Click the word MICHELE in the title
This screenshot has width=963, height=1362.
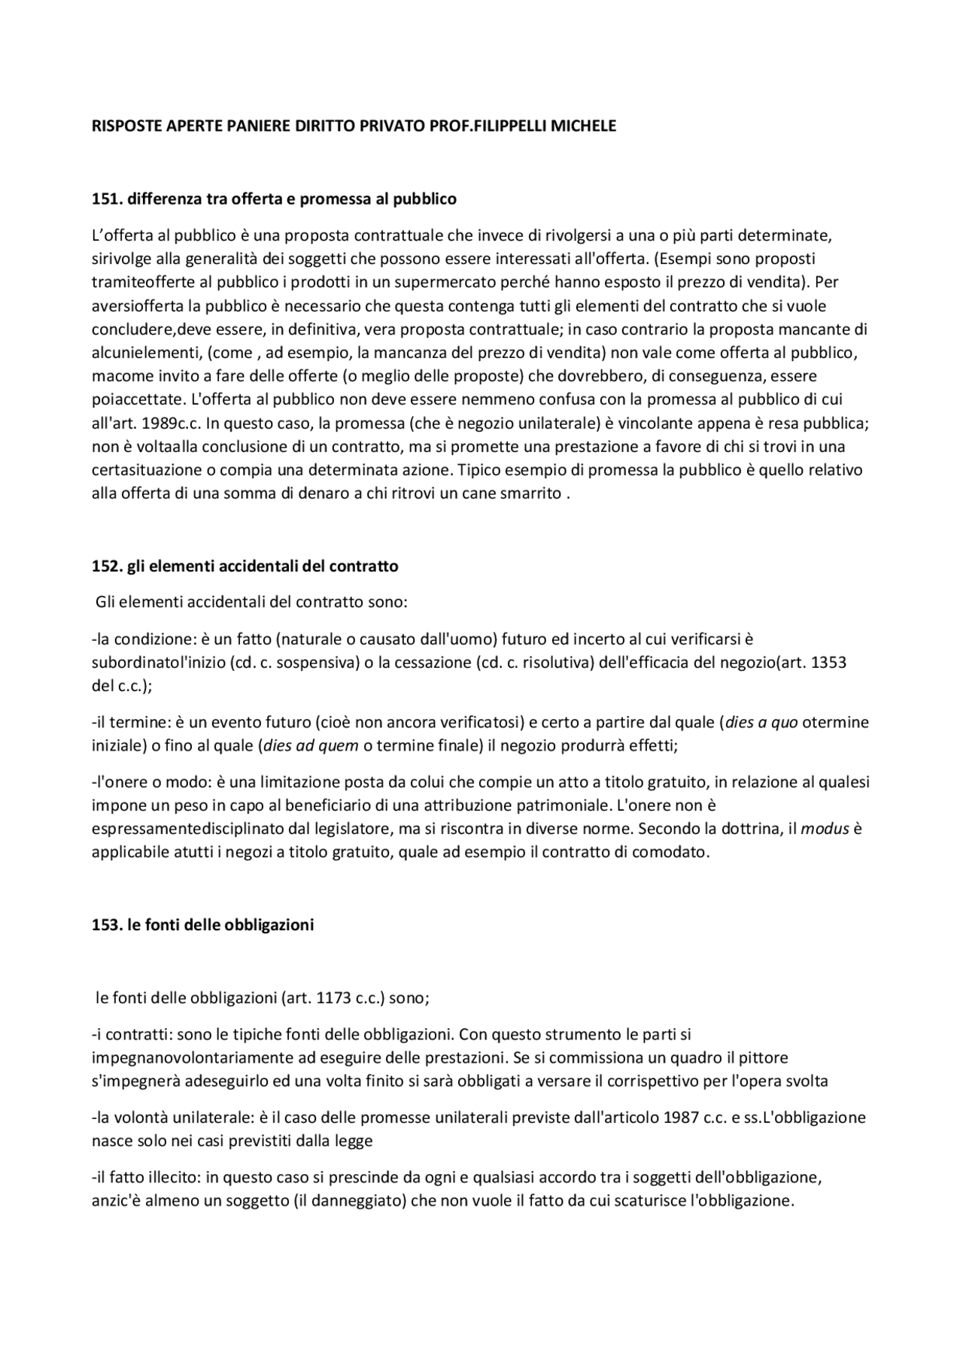(x=584, y=126)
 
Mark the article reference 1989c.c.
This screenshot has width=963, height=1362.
(x=170, y=423)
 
